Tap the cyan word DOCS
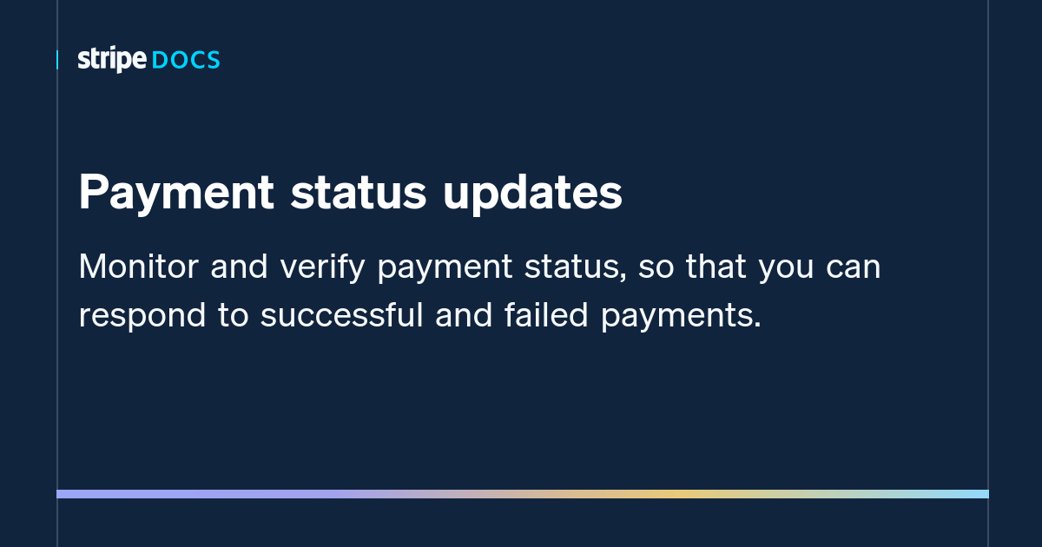pyautogui.click(x=186, y=61)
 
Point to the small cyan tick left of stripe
pyautogui.click(x=57, y=60)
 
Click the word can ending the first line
pyautogui.click(x=854, y=267)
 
